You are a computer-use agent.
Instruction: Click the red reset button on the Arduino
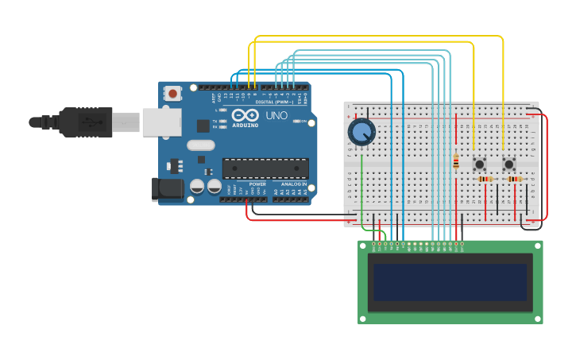172,94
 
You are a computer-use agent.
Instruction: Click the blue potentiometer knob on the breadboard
361,132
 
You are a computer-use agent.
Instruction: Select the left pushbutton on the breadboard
480,164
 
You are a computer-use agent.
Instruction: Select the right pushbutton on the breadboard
509,164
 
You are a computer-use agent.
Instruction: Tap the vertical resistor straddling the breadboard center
456,161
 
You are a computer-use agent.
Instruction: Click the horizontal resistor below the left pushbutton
485,179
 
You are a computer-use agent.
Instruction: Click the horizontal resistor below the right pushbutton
515,179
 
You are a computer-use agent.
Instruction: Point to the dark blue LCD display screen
450,282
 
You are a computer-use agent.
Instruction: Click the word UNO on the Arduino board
276,115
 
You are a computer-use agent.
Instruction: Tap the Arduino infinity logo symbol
245,115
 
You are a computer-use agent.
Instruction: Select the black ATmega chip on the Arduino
265,168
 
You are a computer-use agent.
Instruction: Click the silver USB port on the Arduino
161,122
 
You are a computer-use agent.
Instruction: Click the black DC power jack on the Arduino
166,189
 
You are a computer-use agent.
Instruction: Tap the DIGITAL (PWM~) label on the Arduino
274,102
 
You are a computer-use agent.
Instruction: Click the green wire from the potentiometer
362,191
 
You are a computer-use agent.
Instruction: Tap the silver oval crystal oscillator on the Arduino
201,145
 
